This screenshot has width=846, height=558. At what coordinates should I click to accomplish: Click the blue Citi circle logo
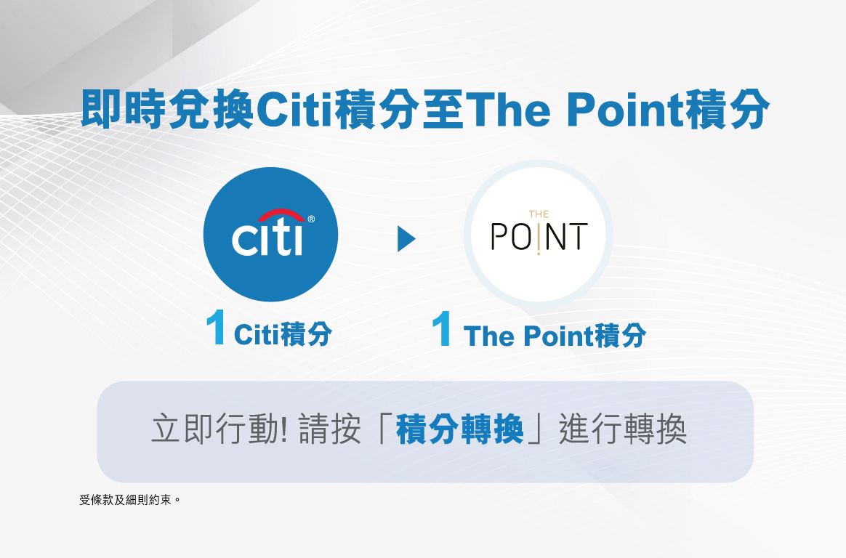point(270,235)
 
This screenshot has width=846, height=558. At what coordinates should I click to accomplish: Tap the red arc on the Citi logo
point(281,214)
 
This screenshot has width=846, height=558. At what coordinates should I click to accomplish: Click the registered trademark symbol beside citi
point(311,219)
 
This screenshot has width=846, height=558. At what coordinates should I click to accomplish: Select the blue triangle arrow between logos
point(406,239)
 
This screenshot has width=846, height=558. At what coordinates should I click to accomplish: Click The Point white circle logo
point(539,235)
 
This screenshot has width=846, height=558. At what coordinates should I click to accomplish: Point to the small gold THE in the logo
point(539,214)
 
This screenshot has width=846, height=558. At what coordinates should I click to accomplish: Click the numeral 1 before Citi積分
point(217,327)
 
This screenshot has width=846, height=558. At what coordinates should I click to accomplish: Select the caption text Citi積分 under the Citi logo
point(283,334)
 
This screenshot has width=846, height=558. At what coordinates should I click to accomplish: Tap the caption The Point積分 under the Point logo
point(554,336)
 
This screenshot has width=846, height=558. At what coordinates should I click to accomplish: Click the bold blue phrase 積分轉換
point(460,429)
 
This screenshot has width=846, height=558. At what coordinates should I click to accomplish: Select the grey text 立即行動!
point(219,429)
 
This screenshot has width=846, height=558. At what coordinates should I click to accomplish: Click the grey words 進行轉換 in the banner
point(623,429)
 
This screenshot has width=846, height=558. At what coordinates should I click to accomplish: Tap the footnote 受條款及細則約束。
point(129,500)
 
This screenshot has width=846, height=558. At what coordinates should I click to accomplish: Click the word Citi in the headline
point(294,110)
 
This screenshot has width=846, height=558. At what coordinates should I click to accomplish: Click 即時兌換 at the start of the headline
point(168,110)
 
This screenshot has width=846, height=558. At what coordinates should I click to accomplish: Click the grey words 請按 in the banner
point(330,429)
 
